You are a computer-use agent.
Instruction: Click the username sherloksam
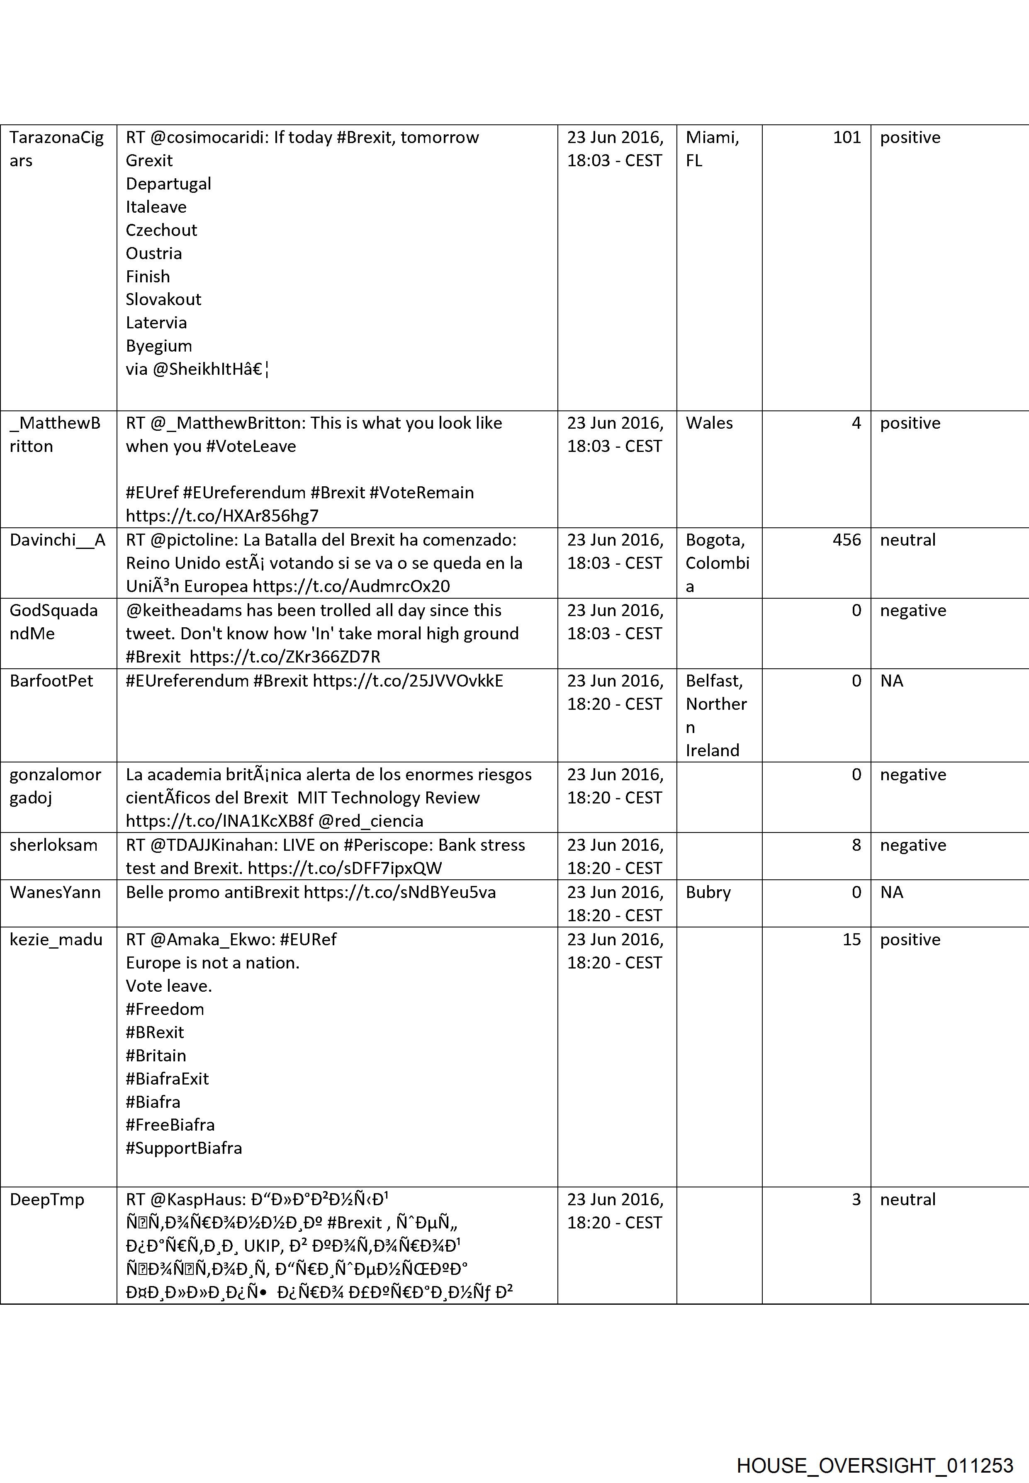(x=54, y=845)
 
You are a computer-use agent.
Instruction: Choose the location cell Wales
(x=709, y=423)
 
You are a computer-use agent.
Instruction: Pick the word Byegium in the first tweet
(x=158, y=346)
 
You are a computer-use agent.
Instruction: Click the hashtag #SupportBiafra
(x=184, y=1148)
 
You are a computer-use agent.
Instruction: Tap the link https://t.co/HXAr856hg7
(x=222, y=516)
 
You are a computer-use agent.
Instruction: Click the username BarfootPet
(x=51, y=681)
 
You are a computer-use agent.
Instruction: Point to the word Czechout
(x=161, y=230)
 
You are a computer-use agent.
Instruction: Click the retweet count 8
(x=856, y=845)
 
